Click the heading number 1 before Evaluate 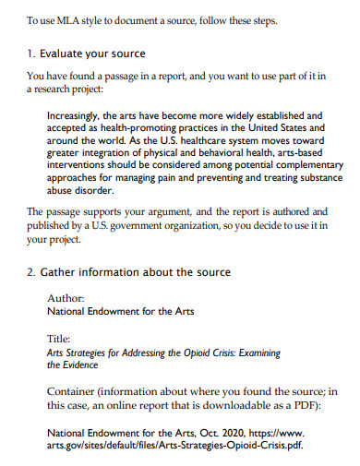(30, 54)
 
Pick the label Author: (65, 298)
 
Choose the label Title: (59, 339)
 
